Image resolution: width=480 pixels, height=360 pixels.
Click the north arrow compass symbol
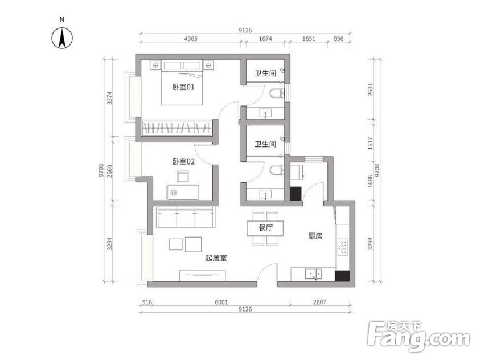click(62, 38)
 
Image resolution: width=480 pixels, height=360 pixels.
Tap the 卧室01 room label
click(183, 87)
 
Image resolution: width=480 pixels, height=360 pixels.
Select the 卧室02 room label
click(183, 161)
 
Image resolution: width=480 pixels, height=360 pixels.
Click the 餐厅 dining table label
click(265, 228)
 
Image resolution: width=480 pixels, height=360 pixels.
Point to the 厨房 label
click(315, 236)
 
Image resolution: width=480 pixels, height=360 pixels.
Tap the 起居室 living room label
click(216, 258)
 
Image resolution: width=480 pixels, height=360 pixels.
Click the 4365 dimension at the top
click(191, 39)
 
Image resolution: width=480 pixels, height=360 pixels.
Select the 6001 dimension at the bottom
click(221, 302)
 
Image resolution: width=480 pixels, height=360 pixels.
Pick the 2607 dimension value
click(319, 302)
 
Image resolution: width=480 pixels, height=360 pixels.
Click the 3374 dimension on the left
click(109, 97)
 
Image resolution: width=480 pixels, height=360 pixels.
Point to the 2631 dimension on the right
click(370, 89)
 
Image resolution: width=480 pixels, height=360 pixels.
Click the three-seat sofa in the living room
click(186, 218)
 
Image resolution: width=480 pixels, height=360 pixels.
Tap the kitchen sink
click(313, 273)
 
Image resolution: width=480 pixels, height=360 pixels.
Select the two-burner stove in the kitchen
click(343, 247)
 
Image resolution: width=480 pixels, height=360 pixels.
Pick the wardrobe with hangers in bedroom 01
click(177, 128)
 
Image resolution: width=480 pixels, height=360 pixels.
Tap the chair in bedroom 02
click(182, 177)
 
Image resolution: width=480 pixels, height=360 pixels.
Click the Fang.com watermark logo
click(419, 336)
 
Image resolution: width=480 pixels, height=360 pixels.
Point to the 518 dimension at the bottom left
click(147, 302)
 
